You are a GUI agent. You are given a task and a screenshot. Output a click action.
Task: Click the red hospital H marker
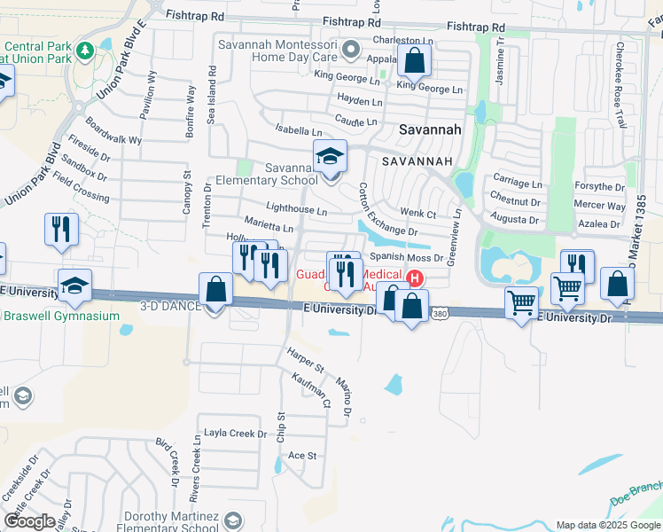click(413, 278)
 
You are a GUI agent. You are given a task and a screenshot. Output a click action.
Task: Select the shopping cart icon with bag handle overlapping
click(565, 287)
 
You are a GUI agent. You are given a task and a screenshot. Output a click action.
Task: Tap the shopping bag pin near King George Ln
click(414, 61)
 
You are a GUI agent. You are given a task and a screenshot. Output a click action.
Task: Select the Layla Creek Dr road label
click(236, 434)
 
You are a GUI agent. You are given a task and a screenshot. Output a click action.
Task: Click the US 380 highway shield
click(440, 313)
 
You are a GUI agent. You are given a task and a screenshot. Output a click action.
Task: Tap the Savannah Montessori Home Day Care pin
click(351, 50)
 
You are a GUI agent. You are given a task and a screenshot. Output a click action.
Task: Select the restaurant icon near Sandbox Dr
click(61, 229)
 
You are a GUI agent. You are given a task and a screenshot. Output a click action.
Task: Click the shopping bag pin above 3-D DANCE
click(216, 289)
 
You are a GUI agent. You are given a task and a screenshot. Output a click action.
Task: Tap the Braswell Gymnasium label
click(62, 316)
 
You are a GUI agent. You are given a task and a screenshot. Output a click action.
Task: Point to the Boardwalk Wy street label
click(113, 133)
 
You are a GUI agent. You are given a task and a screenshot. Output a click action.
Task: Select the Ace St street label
click(302, 455)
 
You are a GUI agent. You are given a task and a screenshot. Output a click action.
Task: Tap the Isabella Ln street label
click(296, 129)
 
